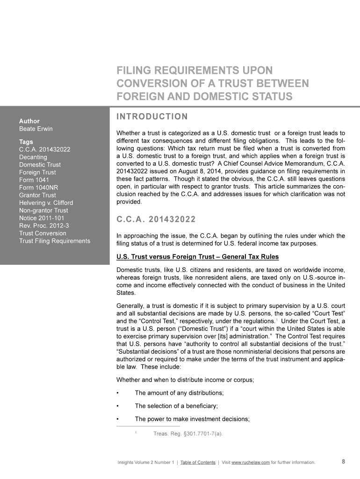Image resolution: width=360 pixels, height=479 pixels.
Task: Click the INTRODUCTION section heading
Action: coord(151,116)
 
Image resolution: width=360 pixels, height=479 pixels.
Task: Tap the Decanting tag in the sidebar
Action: coord(33,157)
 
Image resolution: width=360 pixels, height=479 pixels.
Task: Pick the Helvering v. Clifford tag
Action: coord(46,203)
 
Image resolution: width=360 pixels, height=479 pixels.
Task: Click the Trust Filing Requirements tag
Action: coord(54,240)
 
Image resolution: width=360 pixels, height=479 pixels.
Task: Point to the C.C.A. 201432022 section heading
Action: coord(156,219)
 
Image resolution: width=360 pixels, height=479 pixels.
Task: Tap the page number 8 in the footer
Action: coord(344,462)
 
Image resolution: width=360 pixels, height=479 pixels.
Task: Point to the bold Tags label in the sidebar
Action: coord(26,142)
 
